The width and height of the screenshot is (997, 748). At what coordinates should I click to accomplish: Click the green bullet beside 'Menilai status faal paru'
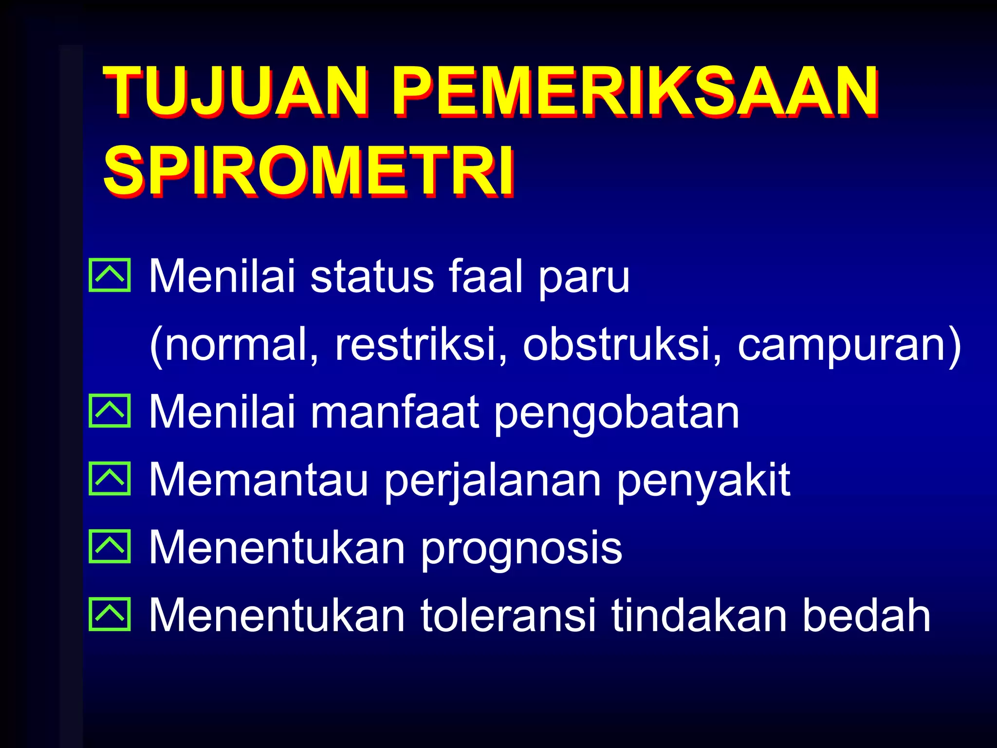coord(110,275)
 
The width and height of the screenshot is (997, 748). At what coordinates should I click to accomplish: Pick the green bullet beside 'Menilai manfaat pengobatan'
coord(110,411)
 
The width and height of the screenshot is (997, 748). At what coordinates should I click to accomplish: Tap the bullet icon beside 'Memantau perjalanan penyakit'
coord(110,479)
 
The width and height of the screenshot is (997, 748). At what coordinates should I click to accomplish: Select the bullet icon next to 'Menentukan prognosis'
coord(110,546)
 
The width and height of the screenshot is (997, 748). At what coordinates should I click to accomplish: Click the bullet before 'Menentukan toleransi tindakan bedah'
coord(110,614)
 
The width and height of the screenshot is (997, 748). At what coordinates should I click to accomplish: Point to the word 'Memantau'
coord(258,480)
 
